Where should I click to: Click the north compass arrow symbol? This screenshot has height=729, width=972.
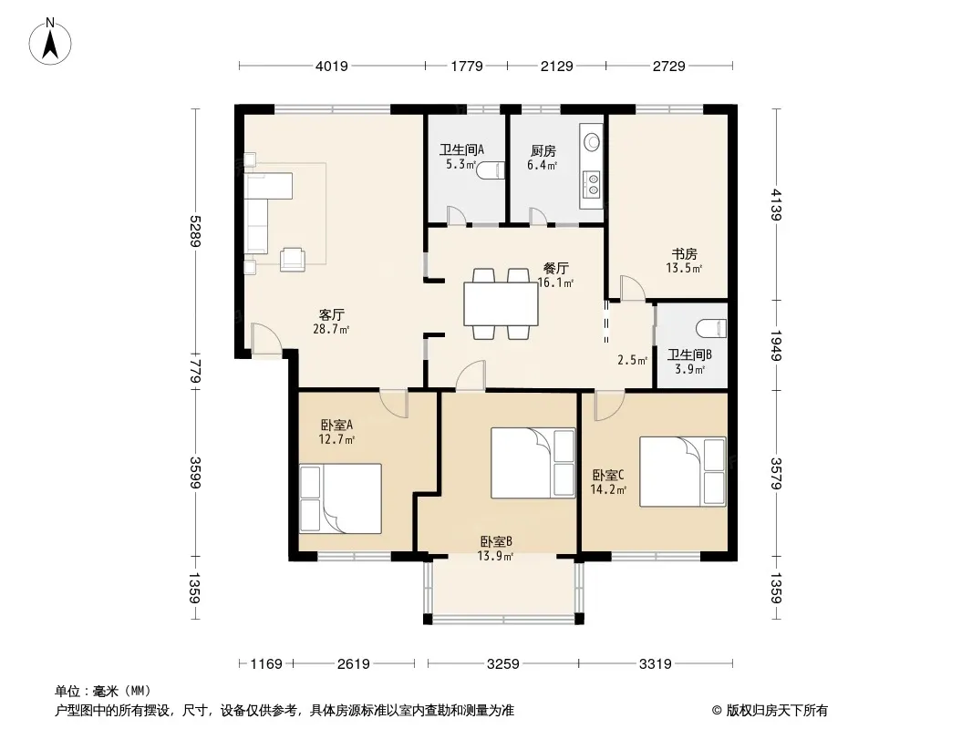coord(50,42)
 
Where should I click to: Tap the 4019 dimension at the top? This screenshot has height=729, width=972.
coord(332,66)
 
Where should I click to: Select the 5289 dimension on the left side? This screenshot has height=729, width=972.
coord(195,231)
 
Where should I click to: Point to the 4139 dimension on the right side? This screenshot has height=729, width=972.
coord(776,204)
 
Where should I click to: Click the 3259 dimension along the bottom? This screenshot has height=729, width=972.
coord(502,664)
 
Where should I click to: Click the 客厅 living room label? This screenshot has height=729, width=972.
coord(332,314)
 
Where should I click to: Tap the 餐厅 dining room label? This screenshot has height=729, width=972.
coord(555,268)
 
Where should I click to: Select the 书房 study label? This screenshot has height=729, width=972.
coord(685,254)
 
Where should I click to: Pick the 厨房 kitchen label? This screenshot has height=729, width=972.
coord(543,150)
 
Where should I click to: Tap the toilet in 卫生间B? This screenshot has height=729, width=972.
coord(711,328)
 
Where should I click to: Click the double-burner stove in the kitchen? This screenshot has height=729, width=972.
coord(593,183)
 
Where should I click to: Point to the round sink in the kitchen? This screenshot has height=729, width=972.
coord(593,142)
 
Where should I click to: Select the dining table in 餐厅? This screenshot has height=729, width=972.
coord(501,303)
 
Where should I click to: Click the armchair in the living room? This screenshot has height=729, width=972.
coord(293,259)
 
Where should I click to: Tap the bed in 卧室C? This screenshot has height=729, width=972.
coord(683,472)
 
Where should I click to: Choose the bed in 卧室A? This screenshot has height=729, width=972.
coord(340,498)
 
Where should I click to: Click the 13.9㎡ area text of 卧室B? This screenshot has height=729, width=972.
coord(495,556)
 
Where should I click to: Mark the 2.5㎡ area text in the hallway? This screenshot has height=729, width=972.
coord(632,360)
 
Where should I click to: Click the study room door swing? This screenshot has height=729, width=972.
coord(633,288)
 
